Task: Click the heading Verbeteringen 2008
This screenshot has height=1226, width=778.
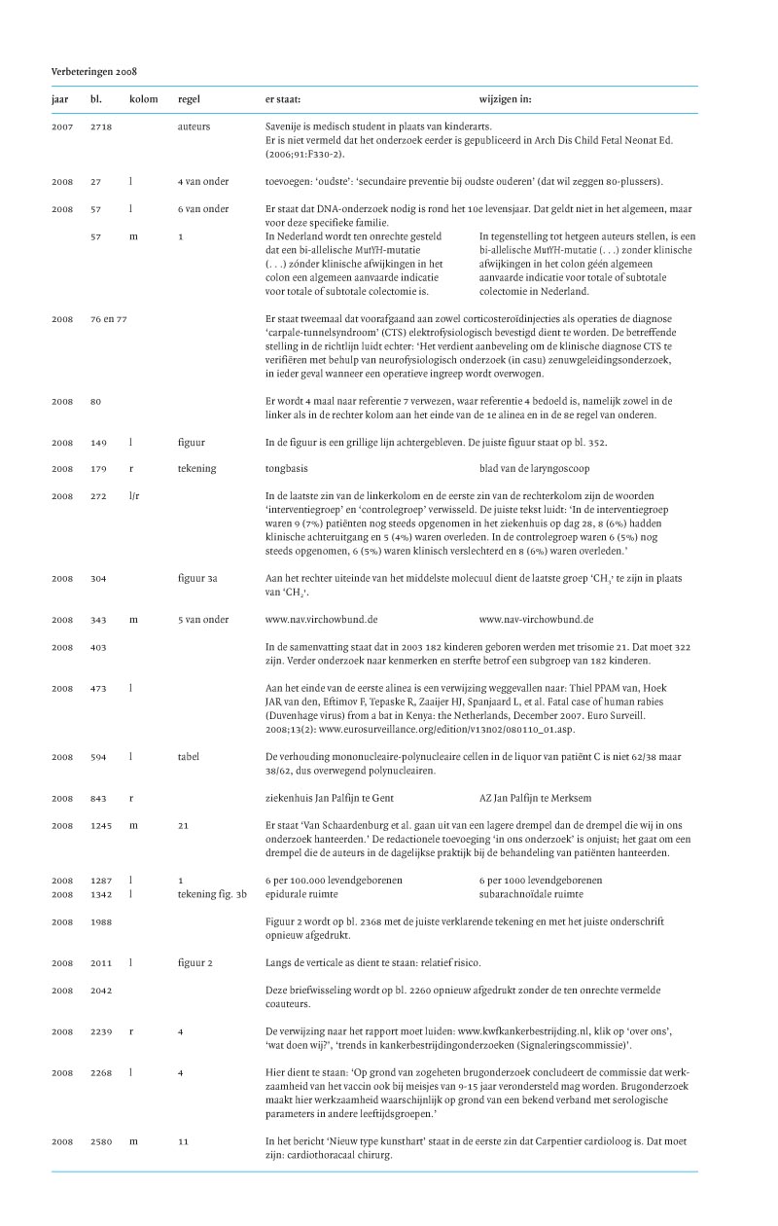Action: [x=93, y=72]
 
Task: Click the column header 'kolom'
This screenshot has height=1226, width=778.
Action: [x=142, y=99]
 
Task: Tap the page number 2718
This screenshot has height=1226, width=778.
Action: [x=102, y=126]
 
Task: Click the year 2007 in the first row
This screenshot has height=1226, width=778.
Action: [x=61, y=126]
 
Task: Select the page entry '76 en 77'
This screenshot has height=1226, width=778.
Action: [x=110, y=318]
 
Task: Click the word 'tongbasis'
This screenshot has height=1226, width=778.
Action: [x=289, y=468]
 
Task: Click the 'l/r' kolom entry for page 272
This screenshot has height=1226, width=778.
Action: [x=135, y=495]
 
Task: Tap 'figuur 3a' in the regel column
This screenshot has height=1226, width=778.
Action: [x=198, y=578]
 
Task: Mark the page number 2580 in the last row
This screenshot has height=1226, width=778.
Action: [x=101, y=1140]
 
